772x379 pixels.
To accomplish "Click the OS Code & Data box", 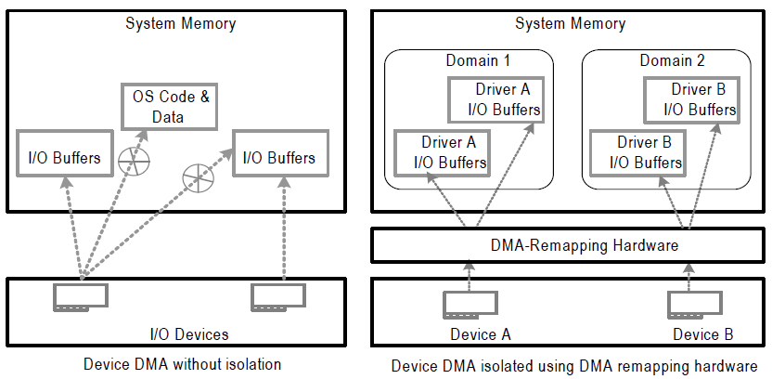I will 168,106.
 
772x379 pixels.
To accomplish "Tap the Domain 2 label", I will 672,61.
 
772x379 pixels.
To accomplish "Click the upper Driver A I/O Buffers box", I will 495,99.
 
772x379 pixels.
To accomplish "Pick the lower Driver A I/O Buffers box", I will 442,152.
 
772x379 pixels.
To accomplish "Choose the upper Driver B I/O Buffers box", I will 691,99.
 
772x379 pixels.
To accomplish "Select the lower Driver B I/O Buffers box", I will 637,152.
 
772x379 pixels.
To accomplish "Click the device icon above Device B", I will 688,303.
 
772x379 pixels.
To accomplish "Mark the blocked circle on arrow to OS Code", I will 135,162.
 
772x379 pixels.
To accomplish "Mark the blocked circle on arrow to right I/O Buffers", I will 196,174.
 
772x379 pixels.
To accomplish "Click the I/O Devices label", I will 189,333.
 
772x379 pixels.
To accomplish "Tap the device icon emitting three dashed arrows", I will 80,296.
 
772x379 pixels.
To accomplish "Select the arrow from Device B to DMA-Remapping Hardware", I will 688,275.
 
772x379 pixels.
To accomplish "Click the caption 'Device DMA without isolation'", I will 182,364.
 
